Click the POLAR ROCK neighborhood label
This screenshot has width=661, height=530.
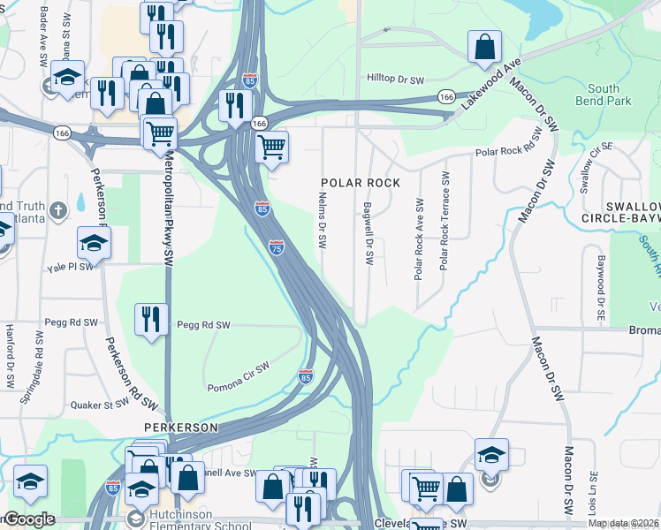point(360,183)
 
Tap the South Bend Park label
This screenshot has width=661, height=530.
point(609,95)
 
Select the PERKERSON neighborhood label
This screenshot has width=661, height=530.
point(181,427)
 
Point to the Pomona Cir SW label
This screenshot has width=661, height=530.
point(238,377)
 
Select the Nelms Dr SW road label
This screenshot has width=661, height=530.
point(323,234)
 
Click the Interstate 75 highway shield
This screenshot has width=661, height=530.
point(277,250)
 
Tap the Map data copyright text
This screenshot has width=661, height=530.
point(622,523)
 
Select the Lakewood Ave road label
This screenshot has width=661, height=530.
point(492,85)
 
